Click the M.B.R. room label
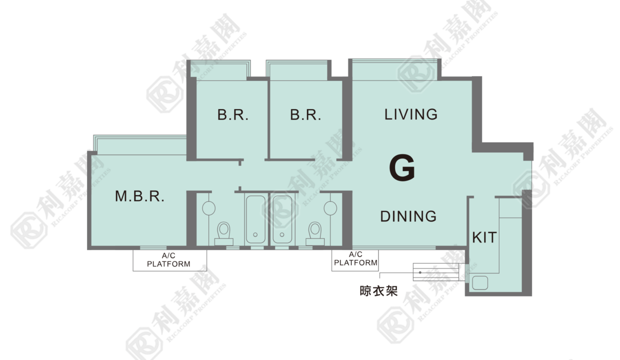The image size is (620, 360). point(140,196)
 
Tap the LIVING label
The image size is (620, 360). point(411,114)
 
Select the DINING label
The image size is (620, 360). point(408,216)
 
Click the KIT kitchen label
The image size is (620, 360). point(484,237)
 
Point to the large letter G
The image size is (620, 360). point(402,167)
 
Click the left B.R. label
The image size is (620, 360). point(233,115)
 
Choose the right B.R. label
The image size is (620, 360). point(305,115)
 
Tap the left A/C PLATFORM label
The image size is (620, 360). point(168,260)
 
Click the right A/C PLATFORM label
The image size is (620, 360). point(355,258)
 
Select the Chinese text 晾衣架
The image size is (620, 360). point(378,291)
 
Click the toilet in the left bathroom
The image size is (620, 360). point(223,233)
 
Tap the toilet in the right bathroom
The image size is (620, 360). point(315,233)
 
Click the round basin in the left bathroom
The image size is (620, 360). point(208,208)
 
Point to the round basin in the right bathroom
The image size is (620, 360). point(330,208)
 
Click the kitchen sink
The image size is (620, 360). point(480,283)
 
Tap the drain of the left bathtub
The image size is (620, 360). point(255,234)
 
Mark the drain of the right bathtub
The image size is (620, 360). point(282,234)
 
